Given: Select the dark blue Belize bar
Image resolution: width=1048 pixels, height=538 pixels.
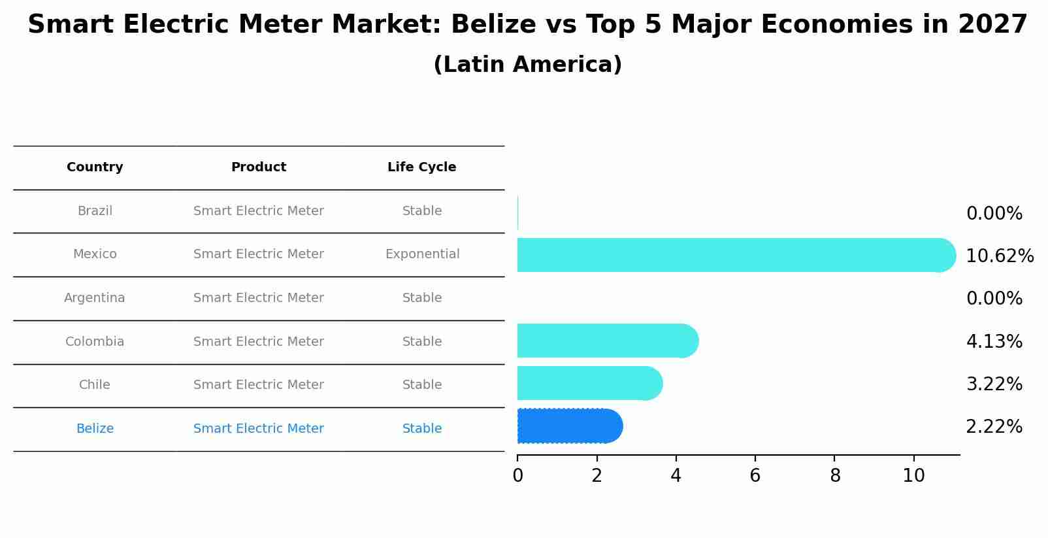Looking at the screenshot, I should pyautogui.click(x=568, y=426).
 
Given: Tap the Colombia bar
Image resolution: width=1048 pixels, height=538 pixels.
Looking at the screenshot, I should pyautogui.click(x=606, y=341).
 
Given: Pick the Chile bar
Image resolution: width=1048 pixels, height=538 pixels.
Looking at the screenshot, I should pyautogui.click(x=588, y=383).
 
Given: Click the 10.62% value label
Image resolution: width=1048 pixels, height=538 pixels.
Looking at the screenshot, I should pyautogui.click(x=999, y=256).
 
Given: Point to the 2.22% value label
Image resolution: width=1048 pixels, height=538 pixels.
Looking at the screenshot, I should pyautogui.click(x=994, y=427).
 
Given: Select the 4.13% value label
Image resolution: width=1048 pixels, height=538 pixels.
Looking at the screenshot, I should pyautogui.click(x=994, y=341).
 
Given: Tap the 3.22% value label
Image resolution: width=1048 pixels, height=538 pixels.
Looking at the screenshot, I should pyautogui.click(x=994, y=384).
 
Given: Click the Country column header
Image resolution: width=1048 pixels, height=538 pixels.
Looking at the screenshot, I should pyautogui.click(x=95, y=167).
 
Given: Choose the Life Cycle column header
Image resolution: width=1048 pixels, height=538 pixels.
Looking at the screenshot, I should pyautogui.click(x=421, y=167).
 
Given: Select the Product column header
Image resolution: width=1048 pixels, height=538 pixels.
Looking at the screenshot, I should pyautogui.click(x=259, y=167).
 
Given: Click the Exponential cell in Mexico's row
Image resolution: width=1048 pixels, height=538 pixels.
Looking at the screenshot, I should pyautogui.click(x=422, y=254).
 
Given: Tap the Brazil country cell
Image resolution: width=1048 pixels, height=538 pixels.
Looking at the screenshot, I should pyautogui.click(x=95, y=211).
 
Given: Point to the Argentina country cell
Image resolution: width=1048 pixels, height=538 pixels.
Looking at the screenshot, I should pyautogui.click(x=95, y=298).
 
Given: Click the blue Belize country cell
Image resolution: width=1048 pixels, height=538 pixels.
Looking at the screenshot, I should pyautogui.click(x=95, y=429).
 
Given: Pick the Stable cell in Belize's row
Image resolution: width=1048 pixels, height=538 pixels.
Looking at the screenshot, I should pyautogui.click(x=422, y=429).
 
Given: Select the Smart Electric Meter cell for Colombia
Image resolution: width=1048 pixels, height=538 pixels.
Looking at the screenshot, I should pyautogui.click(x=259, y=342).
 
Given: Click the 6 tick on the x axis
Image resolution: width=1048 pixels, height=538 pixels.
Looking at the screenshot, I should pyautogui.click(x=755, y=476).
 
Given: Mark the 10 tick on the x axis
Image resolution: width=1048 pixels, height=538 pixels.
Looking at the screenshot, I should pyautogui.click(x=913, y=476).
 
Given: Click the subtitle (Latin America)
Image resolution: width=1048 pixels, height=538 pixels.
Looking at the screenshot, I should pyautogui.click(x=527, y=65).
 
